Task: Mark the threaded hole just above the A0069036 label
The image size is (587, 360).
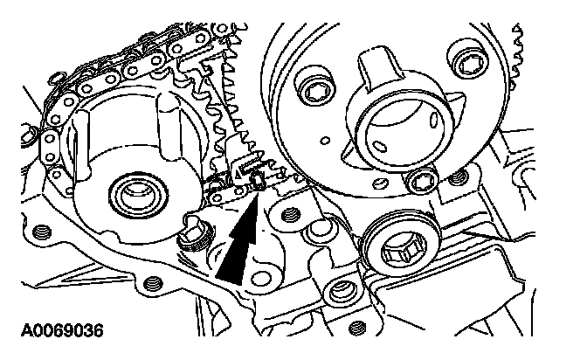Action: click(154, 282)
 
